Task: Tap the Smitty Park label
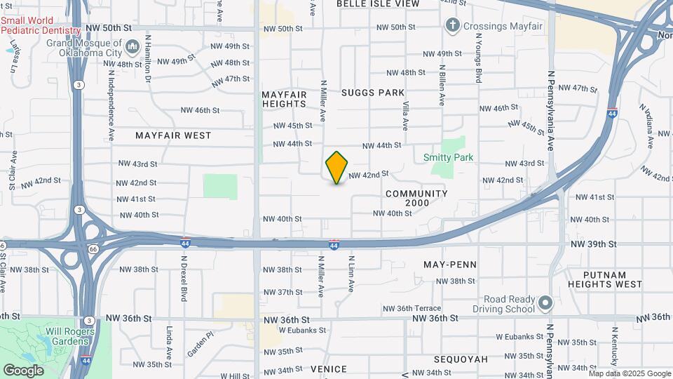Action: [x=449, y=158]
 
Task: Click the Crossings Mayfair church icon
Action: [x=453, y=27]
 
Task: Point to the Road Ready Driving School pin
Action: [x=546, y=304]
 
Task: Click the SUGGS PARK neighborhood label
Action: [x=373, y=93]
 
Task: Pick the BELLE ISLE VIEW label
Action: [x=378, y=4]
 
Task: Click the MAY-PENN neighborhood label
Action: [x=450, y=265]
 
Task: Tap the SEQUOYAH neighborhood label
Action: [x=461, y=359]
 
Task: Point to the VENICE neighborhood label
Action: [x=329, y=369]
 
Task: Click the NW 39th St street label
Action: [x=593, y=244]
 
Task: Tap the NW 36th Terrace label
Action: [x=412, y=308]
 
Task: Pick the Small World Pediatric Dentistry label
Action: [x=41, y=25]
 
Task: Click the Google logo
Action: [x=23, y=371]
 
